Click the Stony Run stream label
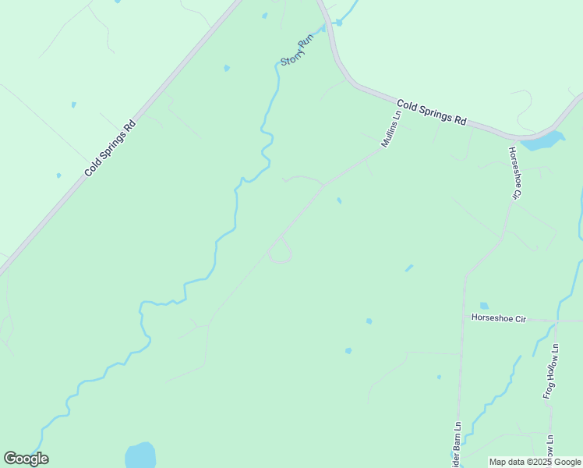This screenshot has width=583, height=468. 295,51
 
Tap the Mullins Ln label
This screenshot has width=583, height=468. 390,128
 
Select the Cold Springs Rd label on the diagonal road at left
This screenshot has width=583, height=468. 110,147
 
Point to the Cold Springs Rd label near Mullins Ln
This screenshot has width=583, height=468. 431,112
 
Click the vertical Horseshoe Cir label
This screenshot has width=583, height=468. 514,172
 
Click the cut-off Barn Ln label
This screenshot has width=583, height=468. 458,445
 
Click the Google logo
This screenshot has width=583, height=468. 26,459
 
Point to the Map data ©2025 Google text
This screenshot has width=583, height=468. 535,462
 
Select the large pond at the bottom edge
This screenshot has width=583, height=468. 140,456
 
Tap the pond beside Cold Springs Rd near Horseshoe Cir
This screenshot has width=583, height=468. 543,140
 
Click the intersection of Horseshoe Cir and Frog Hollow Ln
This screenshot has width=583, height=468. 555,320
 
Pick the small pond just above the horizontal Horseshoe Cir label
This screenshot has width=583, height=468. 484,305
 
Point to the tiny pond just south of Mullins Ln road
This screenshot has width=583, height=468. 338,200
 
